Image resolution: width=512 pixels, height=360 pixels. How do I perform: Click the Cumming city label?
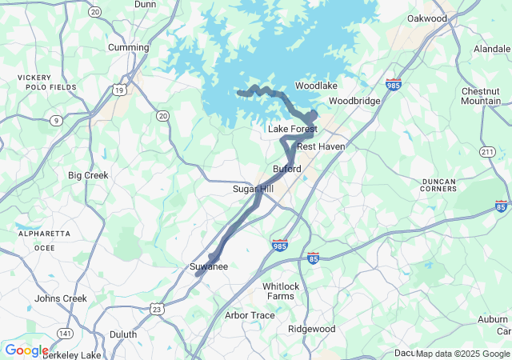(x=128, y=47)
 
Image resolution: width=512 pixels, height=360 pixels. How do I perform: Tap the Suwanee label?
(x=209, y=266)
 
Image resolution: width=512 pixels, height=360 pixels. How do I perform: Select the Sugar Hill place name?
(x=253, y=189)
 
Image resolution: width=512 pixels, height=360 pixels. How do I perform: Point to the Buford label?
(x=287, y=170)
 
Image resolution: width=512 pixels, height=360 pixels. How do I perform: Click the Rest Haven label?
(x=321, y=147)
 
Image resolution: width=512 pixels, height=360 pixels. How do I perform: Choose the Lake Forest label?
(x=293, y=129)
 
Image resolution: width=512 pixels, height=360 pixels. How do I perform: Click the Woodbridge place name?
(x=354, y=102)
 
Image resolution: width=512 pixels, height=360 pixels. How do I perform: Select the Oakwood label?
(x=426, y=18)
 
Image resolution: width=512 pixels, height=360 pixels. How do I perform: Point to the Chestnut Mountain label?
(x=481, y=96)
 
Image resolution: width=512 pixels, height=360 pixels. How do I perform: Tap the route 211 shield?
(x=487, y=152)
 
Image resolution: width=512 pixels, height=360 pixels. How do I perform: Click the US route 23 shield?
(x=157, y=309)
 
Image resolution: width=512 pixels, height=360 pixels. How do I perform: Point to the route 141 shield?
(x=66, y=333)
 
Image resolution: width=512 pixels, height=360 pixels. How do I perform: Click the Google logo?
(x=26, y=350)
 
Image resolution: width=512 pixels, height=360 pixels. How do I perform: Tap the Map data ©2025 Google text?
(x=462, y=354)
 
